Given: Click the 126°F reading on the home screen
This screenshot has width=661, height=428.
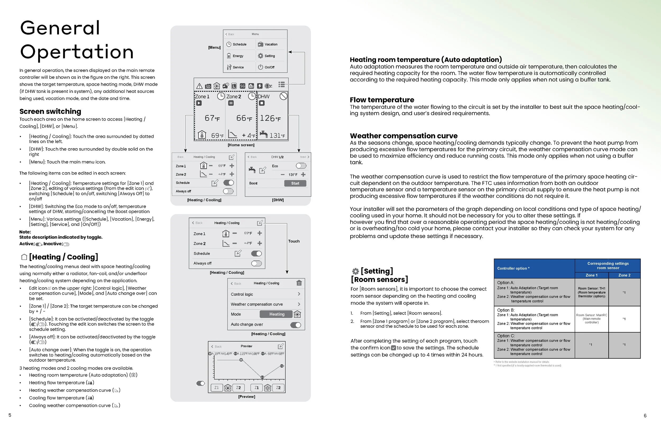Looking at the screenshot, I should coord(270,119).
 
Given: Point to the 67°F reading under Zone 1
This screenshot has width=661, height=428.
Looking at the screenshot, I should coord(212,119).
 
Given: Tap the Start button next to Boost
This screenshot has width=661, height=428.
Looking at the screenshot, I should coord(295,183).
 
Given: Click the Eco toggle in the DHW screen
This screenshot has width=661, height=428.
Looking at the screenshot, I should coord(301,166).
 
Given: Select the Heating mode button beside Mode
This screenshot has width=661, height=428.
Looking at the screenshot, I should coord(276,314).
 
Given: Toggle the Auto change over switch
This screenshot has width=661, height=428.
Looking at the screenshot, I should coord(296,325).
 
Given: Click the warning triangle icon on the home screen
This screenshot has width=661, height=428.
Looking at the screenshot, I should coord(199,86).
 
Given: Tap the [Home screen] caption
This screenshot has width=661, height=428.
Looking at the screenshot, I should coord(241,145).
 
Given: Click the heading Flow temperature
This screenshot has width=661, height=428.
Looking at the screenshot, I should coord(382,100).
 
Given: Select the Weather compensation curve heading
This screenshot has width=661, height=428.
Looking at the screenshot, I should coord(403,136).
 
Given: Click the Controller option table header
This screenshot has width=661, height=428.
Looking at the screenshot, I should coord(513,268).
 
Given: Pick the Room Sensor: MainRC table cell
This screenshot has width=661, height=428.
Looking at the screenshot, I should coord(591,319).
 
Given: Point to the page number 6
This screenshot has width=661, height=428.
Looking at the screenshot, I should coord(645,416).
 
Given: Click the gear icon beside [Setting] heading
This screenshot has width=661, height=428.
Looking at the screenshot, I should coord(355,271).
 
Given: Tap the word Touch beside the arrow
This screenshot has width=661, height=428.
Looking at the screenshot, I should coord(294,241).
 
